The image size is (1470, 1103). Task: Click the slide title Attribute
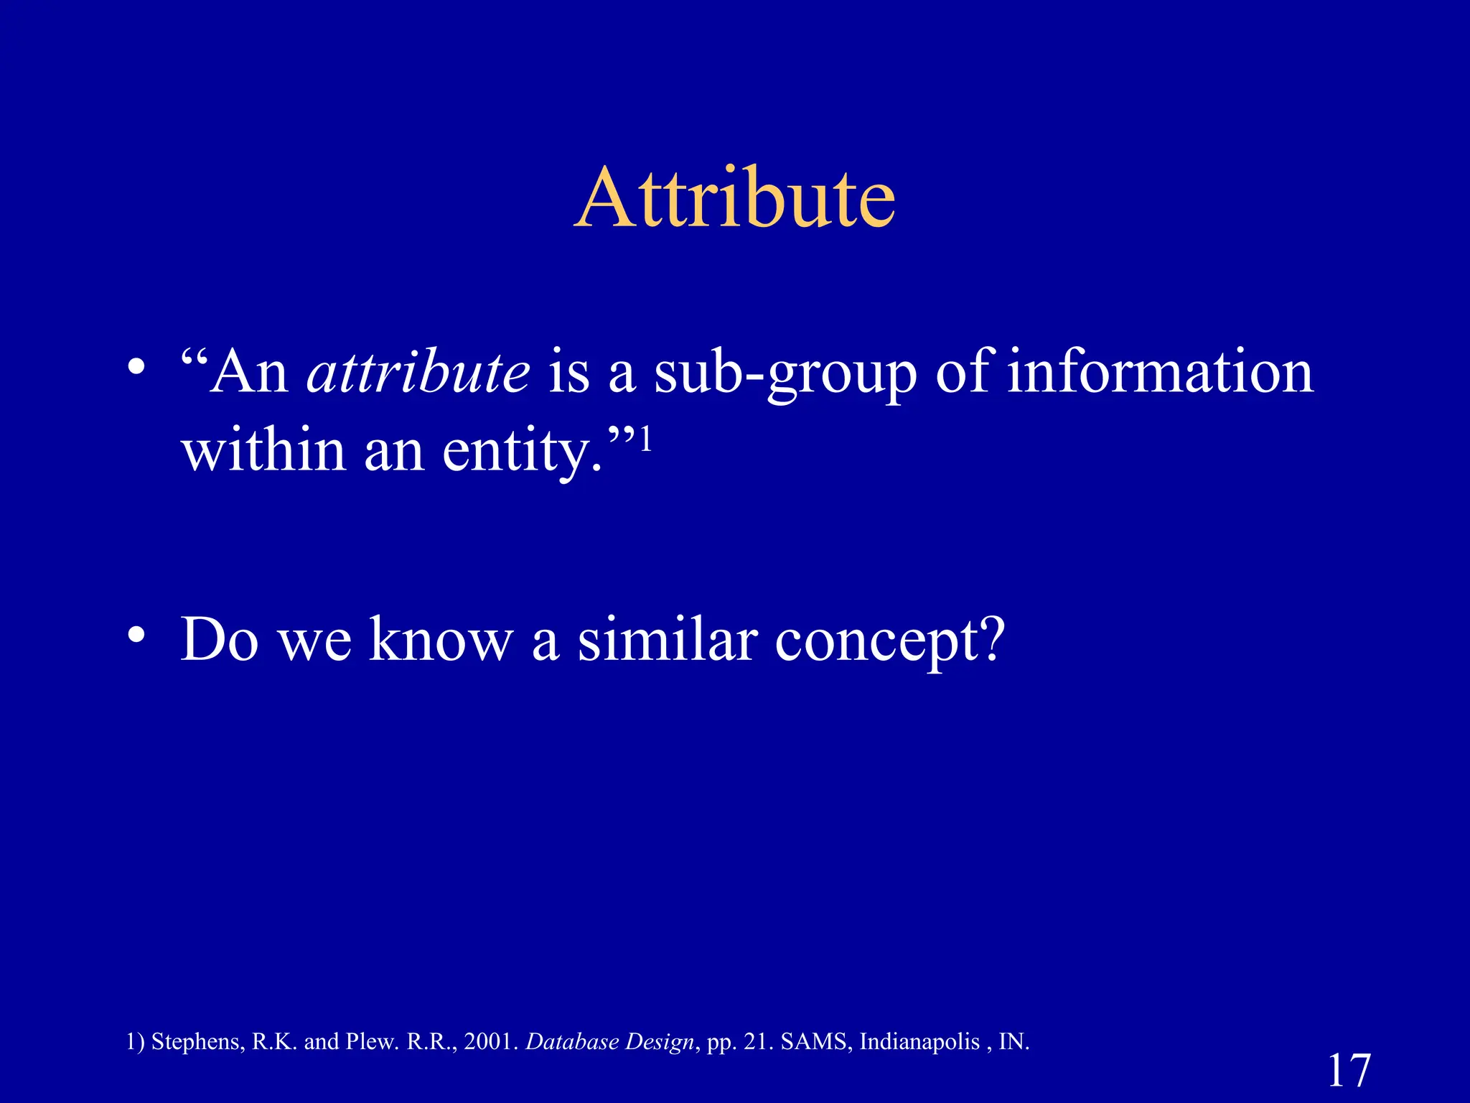tap(735, 198)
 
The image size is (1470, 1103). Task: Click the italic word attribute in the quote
tap(418, 372)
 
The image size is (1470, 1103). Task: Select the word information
tap(1160, 372)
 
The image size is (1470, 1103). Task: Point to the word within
tap(263, 451)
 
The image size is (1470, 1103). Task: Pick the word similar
tap(668, 639)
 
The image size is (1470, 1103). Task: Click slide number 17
tap(1349, 1071)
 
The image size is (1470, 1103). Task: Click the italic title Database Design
tap(609, 1042)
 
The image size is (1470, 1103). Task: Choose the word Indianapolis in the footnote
tap(919, 1042)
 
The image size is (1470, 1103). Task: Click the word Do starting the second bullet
tap(220, 639)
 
